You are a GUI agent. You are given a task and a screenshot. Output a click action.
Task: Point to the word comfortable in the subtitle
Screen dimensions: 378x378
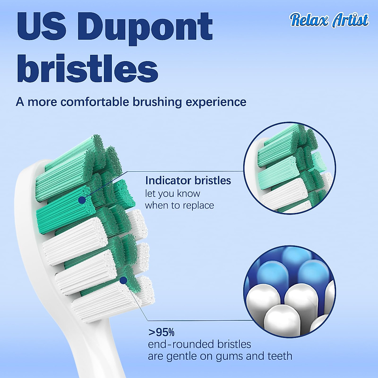[x=95, y=102]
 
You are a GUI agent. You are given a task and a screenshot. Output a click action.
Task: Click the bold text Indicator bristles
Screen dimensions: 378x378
[x=188, y=180]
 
